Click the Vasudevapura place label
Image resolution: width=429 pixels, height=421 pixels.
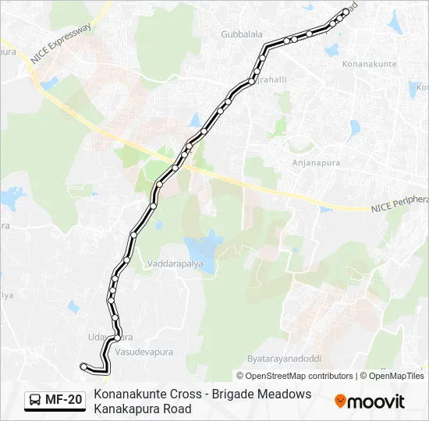point(146,352)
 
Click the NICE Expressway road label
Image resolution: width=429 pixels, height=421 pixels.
point(61,44)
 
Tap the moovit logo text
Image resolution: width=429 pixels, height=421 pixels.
point(376,402)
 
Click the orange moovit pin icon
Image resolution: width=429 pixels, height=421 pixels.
point(340,402)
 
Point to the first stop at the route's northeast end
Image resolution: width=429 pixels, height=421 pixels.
point(346,12)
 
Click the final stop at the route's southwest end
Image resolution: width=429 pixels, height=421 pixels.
point(83,365)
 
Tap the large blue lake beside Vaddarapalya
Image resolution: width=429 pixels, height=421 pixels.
point(201,250)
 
